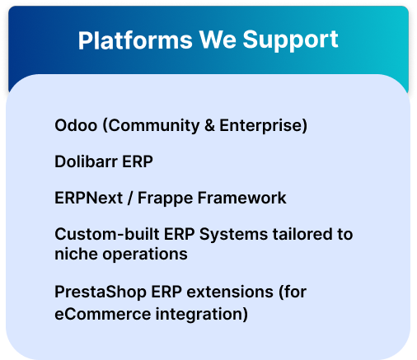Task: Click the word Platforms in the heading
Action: point(135,40)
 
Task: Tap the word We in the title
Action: point(218,40)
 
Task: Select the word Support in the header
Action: point(290,40)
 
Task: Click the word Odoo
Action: point(76,125)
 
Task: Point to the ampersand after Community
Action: point(209,125)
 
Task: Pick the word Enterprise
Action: point(260,125)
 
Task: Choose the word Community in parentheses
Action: point(153,125)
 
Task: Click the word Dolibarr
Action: point(86,161)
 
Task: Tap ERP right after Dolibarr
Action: point(138,161)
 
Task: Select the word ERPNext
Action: point(88,198)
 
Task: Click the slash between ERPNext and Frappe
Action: point(130,198)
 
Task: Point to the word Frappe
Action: point(165,199)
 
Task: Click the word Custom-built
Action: point(107,234)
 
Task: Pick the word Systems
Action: point(233,235)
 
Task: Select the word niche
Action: point(76,254)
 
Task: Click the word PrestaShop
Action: point(101,292)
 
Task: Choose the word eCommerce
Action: point(103,314)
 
